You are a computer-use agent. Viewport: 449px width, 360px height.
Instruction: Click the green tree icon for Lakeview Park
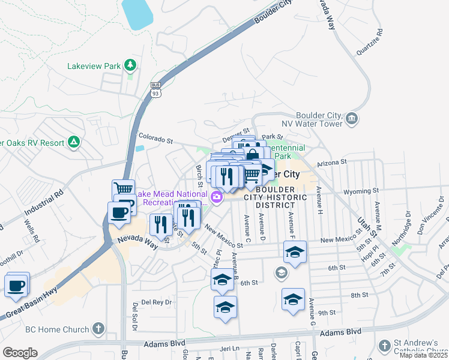point(130,65)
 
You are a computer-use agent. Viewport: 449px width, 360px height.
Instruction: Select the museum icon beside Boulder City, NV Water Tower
point(352,119)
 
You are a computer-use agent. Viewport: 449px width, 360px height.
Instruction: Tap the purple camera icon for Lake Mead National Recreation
point(216,196)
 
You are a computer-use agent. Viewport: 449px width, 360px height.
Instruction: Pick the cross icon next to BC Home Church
point(98,329)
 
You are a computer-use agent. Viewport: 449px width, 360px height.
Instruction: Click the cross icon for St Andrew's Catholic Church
point(384,346)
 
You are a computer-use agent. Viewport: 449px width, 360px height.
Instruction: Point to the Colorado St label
point(155,140)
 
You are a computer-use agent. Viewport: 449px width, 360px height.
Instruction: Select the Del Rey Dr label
point(156,302)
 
